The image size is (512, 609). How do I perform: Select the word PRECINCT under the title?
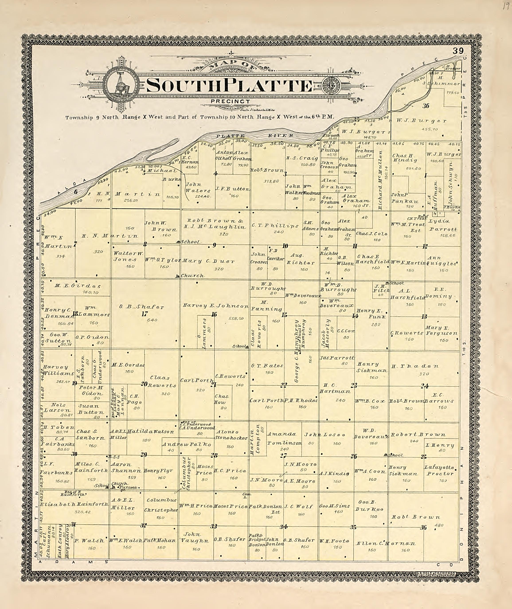point(231,101)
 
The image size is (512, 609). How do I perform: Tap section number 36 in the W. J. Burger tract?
point(426,106)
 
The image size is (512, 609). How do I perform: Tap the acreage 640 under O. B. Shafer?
point(152,320)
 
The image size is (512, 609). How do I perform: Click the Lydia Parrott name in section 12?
point(443,225)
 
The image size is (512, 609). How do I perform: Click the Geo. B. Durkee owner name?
point(369,506)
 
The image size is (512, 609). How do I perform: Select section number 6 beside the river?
point(76,192)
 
